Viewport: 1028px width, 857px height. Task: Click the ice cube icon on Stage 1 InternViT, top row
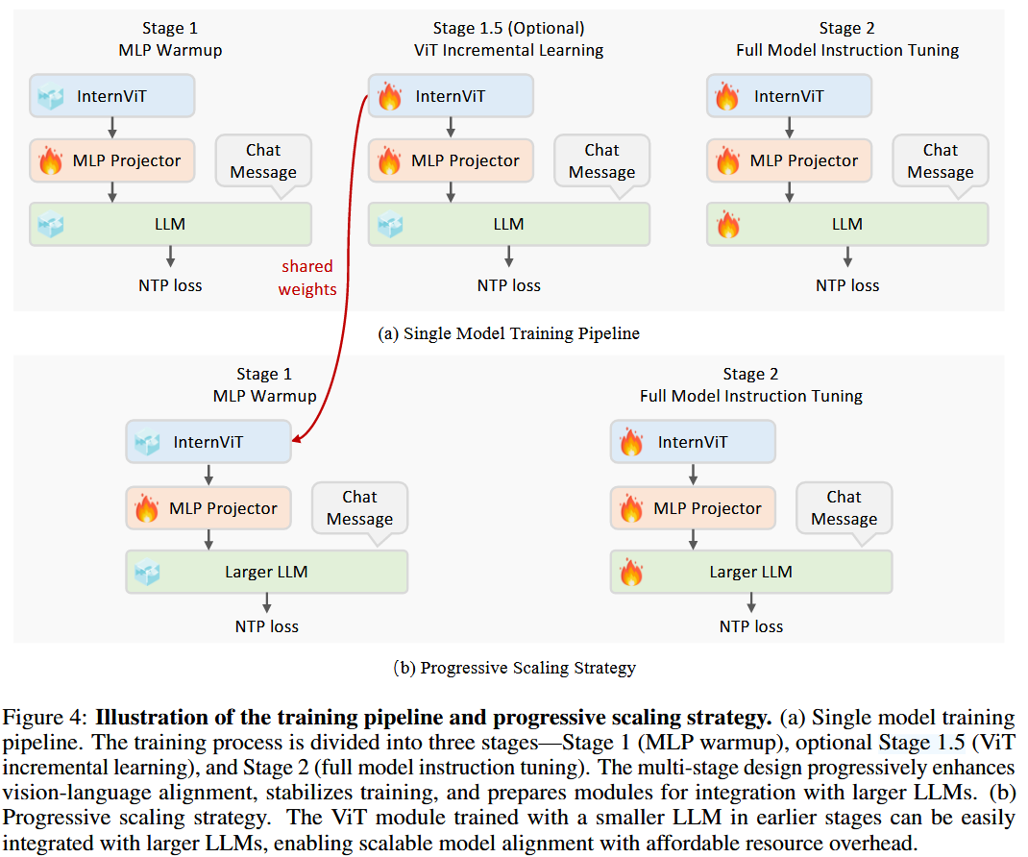point(50,96)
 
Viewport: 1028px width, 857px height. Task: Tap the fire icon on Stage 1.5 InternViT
point(389,96)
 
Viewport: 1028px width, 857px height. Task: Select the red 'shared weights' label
point(307,277)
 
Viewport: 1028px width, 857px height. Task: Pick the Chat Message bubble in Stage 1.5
point(601,161)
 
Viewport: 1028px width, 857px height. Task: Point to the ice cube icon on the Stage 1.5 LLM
point(389,225)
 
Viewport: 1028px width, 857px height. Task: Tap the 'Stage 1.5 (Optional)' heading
point(508,28)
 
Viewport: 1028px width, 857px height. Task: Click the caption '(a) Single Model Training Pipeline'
point(508,334)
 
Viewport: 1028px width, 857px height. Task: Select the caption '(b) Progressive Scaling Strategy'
point(514,667)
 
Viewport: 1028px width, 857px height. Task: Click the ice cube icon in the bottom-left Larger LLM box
point(147,573)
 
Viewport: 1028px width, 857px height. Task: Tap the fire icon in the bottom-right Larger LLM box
point(631,573)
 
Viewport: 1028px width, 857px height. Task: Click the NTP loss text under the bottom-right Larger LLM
point(751,626)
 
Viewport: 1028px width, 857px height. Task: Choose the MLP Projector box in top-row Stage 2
point(790,160)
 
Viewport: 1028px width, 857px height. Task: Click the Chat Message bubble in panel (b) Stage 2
point(844,508)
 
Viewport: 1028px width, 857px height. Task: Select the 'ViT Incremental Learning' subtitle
point(508,50)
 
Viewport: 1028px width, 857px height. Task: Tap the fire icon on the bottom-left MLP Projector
point(147,508)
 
